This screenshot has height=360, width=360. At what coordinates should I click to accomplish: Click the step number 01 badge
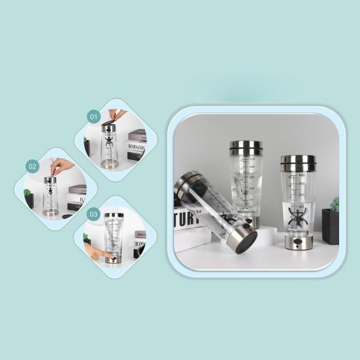[93, 116]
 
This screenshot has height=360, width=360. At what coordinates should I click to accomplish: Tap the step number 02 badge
[32, 167]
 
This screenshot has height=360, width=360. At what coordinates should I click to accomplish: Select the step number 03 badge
[93, 214]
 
